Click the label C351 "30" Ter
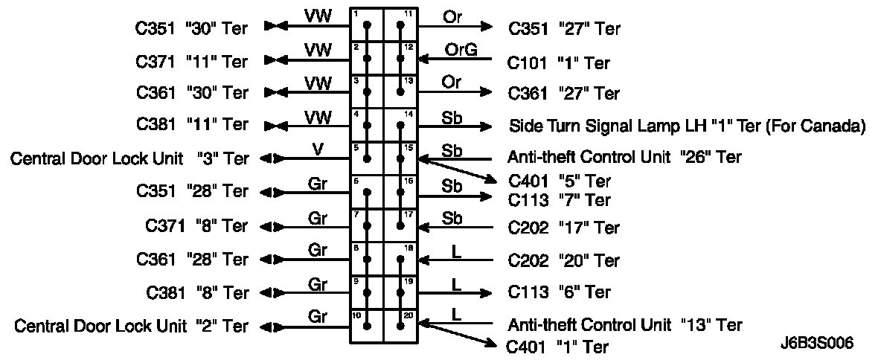pos(191,29)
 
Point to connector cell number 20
pos(400,326)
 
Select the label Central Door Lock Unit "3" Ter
pos(129,158)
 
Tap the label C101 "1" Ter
pos(558,62)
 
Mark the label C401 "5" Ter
pos(559,181)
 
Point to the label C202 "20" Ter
pos(563,260)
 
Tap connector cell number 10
pos(367,326)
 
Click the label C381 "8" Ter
pos(196,292)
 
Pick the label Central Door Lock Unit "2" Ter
pos(132,326)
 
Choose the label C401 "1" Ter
pos(557,347)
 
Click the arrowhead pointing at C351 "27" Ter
pos(486,27)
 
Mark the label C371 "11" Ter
pos(191,60)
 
